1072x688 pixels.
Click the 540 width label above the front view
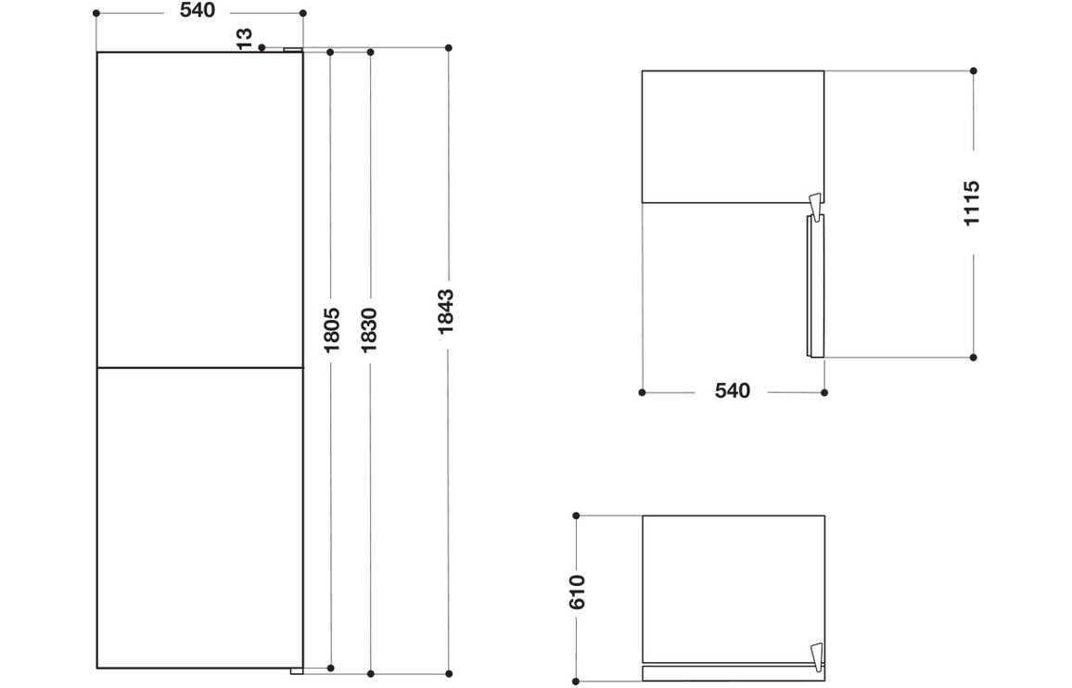(x=198, y=11)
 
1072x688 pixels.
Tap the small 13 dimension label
(x=245, y=38)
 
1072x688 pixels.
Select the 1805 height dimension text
(x=332, y=330)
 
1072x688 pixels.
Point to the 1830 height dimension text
(x=369, y=330)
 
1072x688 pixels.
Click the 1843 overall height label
(x=446, y=312)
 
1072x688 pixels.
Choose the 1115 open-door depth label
(x=972, y=203)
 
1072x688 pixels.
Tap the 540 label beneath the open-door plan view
(x=733, y=390)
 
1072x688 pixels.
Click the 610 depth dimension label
(x=577, y=592)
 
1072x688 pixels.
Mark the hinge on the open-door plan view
(x=814, y=205)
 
